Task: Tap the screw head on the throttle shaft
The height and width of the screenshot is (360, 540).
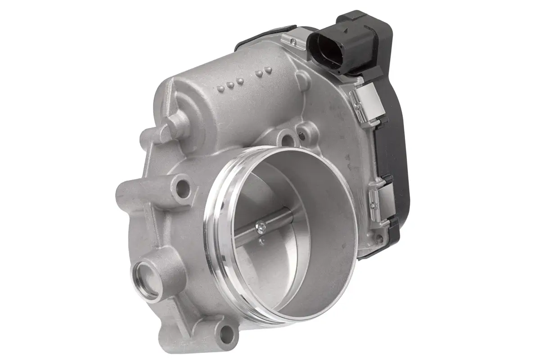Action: [260, 227]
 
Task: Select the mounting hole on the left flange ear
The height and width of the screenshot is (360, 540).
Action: [183, 189]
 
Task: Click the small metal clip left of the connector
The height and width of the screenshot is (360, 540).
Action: [293, 41]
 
